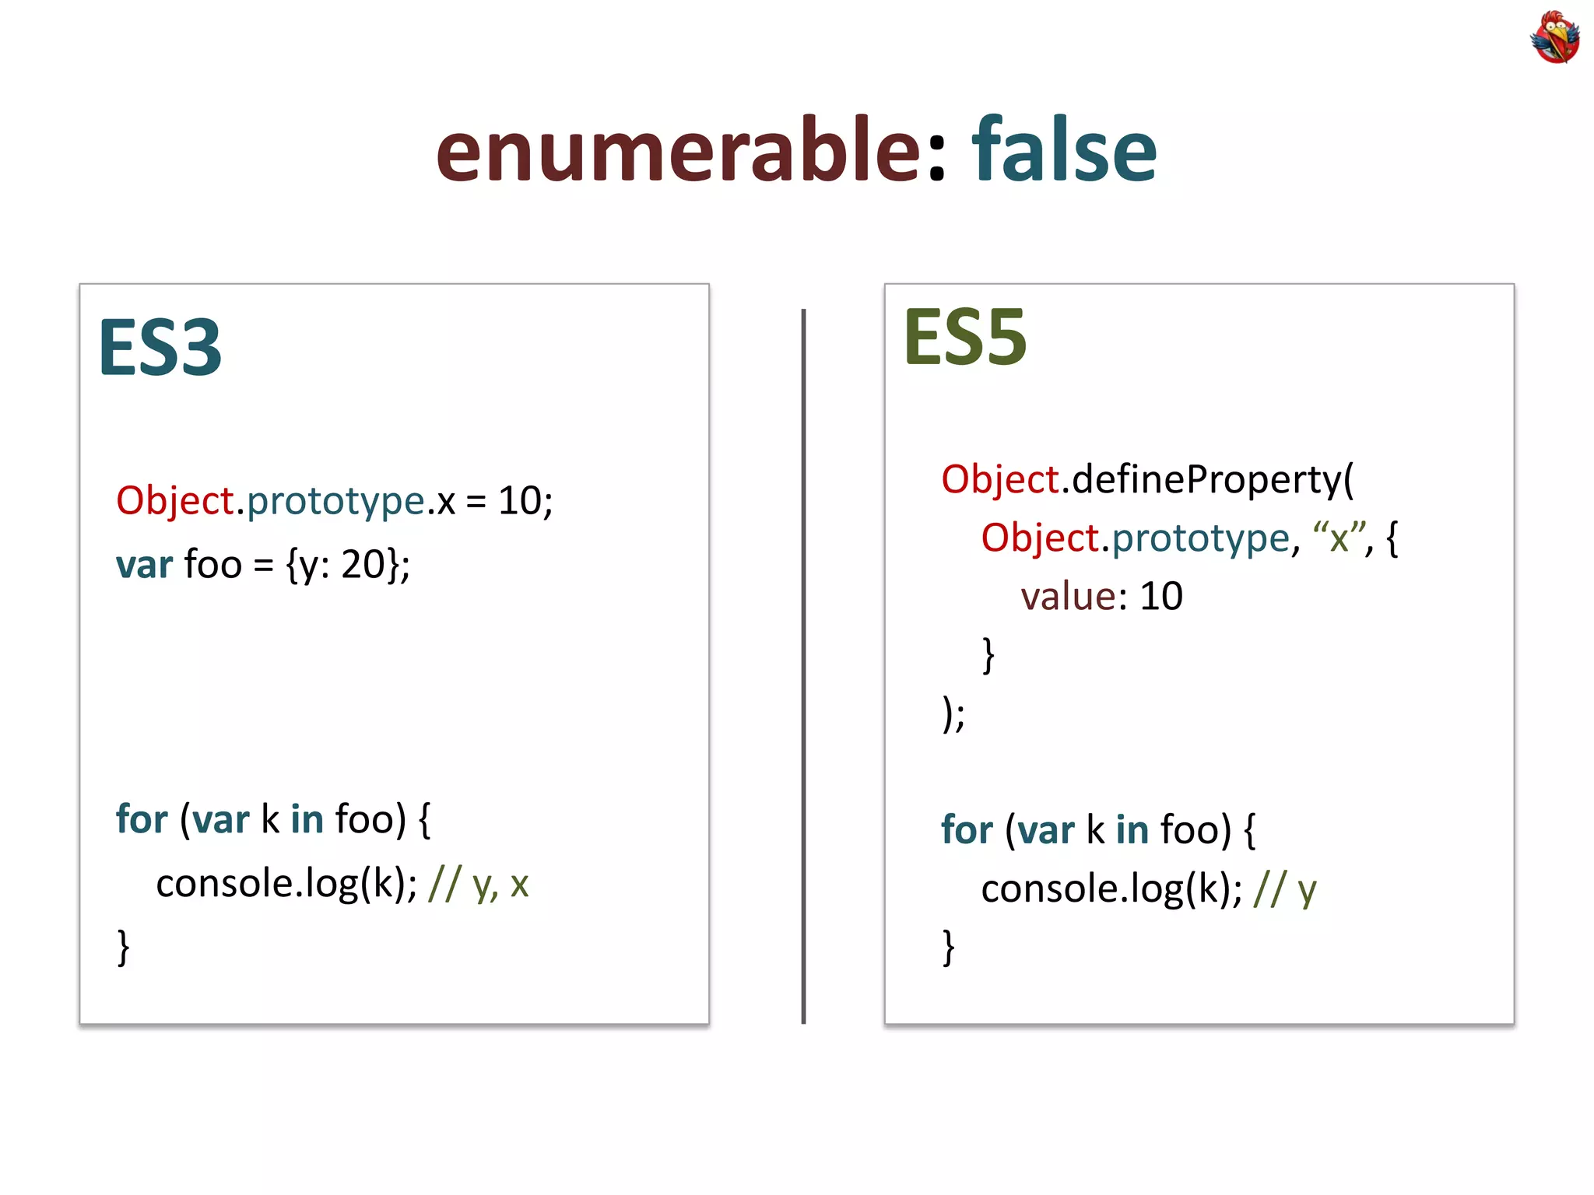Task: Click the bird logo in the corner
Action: tap(1554, 37)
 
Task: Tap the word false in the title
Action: tap(1063, 149)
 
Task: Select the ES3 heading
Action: tap(160, 348)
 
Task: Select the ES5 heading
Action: tap(965, 338)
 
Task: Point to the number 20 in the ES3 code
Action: tap(363, 564)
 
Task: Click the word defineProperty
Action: tap(1206, 479)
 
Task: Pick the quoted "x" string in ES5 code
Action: tap(1339, 538)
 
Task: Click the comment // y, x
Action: tap(478, 885)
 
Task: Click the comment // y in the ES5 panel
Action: tap(1284, 889)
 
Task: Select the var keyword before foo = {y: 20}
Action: tap(144, 565)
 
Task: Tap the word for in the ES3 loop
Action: tap(142, 819)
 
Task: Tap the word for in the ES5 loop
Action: tap(967, 829)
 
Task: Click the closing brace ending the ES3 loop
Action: tap(123, 947)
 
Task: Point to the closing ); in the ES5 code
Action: tap(953, 713)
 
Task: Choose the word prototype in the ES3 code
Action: tap(335, 500)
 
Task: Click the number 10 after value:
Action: tap(1160, 597)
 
